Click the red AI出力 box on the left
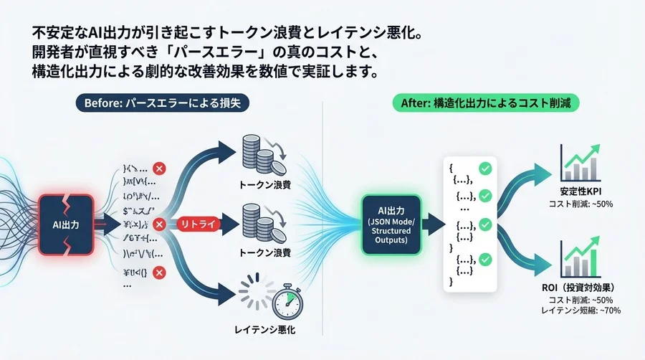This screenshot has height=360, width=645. (x=66, y=224)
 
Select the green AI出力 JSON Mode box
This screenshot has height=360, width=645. (x=392, y=224)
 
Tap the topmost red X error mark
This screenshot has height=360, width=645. (x=160, y=169)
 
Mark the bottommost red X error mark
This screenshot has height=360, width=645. (x=160, y=272)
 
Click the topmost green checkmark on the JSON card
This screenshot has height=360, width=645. (x=484, y=169)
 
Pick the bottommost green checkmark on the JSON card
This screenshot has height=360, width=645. (x=484, y=259)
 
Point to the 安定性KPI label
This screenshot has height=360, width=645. (x=583, y=191)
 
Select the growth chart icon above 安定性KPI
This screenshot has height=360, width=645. (x=581, y=164)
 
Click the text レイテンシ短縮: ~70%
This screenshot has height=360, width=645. (x=581, y=311)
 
